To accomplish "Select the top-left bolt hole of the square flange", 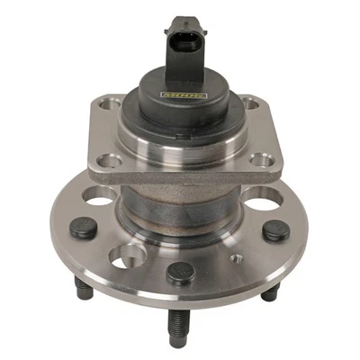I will click(x=111, y=105).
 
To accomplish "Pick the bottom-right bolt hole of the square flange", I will click(x=263, y=161).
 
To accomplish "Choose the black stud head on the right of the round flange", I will click(x=274, y=230).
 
